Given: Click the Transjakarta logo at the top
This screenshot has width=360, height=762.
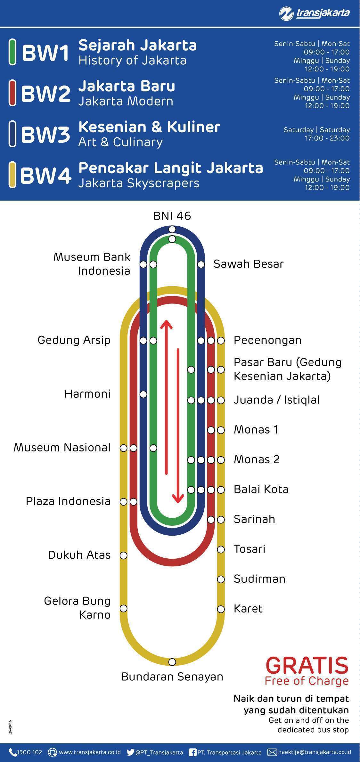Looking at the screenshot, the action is (x=314, y=13).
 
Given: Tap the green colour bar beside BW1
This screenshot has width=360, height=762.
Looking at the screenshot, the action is (x=12, y=52).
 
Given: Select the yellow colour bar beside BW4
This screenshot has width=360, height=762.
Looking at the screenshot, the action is (x=12, y=175).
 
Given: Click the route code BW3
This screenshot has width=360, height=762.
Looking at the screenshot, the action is (x=45, y=134).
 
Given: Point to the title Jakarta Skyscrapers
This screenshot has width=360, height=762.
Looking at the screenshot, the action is (x=139, y=183).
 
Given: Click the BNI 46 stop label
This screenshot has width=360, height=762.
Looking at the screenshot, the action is (x=172, y=216).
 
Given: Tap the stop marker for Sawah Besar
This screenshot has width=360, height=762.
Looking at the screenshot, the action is (x=201, y=264).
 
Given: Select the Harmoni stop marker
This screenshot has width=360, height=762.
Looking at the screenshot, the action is (x=143, y=394).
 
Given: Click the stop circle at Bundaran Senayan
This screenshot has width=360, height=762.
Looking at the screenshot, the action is (x=172, y=662).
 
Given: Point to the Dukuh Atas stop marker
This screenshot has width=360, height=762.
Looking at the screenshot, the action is (x=124, y=555).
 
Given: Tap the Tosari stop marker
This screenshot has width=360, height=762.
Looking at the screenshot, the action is (x=221, y=549).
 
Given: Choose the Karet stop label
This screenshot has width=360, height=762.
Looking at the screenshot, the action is (x=248, y=609).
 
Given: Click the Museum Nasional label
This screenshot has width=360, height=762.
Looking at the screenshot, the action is (x=62, y=447).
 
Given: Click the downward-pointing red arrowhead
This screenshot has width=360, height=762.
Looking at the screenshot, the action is (x=178, y=498).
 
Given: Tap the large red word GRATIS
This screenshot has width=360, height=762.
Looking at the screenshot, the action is (x=307, y=666).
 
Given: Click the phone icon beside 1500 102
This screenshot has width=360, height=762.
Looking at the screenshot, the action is (x=12, y=752).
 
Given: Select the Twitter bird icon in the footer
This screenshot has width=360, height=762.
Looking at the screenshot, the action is (x=130, y=752).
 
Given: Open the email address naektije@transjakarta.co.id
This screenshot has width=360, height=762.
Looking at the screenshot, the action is (x=314, y=752).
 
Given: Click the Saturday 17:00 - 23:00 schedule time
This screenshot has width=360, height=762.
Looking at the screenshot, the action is (x=327, y=138).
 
